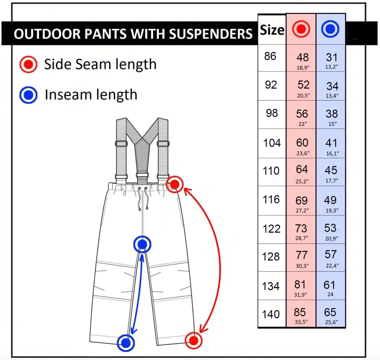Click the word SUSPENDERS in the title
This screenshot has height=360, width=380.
click(x=211, y=34)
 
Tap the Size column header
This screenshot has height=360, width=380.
click(x=272, y=30)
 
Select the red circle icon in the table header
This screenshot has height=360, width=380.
click(x=301, y=29)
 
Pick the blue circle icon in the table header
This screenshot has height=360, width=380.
click(x=330, y=29)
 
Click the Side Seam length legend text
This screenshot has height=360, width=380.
click(x=100, y=64)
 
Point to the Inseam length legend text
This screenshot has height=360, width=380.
click(x=91, y=95)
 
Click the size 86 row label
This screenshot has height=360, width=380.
click(x=271, y=56)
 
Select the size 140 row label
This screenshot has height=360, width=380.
click(x=271, y=314)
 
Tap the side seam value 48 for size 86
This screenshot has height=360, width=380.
click(x=303, y=57)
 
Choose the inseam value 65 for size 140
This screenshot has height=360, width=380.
click(x=330, y=312)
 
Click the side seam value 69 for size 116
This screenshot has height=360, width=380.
click(x=301, y=201)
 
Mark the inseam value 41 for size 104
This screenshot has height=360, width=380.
click(x=331, y=143)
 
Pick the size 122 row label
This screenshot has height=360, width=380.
click(x=271, y=228)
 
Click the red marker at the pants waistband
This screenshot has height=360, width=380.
click(x=175, y=184)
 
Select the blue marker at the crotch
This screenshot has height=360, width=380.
click(x=142, y=244)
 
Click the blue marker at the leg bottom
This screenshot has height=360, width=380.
click(x=126, y=343)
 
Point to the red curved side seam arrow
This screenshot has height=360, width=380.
click(x=219, y=260)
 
